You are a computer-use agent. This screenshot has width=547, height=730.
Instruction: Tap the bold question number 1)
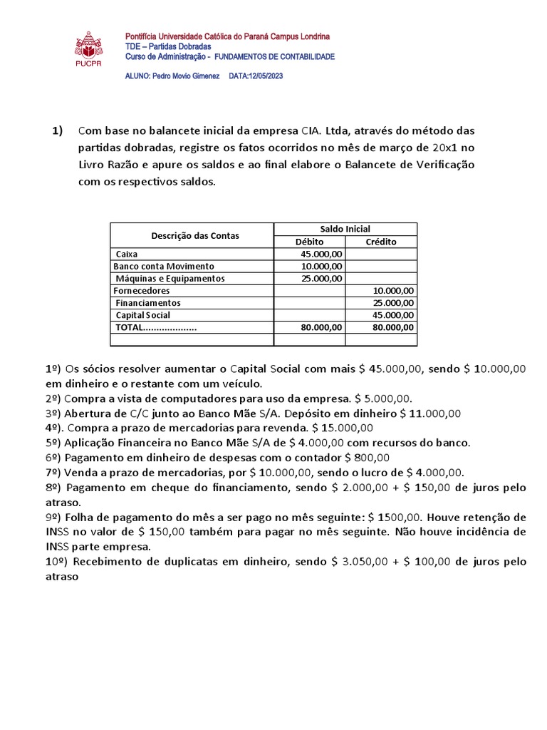[x=58, y=131]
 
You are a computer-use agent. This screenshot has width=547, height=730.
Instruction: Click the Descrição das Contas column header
[x=195, y=235]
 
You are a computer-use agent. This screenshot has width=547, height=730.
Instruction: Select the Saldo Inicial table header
[x=346, y=229]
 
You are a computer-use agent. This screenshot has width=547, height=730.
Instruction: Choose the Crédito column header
[x=381, y=242]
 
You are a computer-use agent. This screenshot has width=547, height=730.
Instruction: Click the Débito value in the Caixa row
[x=322, y=254]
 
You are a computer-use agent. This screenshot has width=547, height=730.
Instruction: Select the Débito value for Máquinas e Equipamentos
[x=322, y=278]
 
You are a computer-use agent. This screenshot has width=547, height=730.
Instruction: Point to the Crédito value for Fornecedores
[x=394, y=290]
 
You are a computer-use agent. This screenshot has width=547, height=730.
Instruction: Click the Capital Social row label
[x=143, y=314]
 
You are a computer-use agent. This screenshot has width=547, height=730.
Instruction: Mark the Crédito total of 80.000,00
[x=394, y=327]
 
